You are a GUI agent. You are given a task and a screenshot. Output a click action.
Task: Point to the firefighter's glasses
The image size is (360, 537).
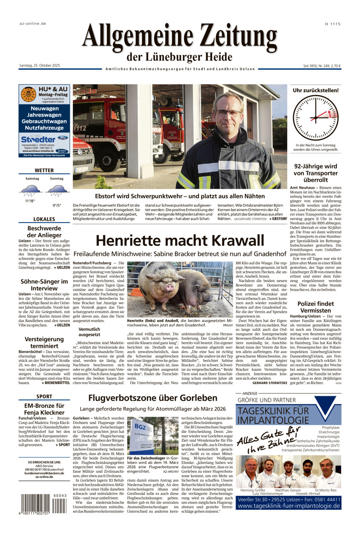pyautogui.click(x=228, y=112)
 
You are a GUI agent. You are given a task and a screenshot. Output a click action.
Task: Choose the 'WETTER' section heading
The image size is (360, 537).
pyautogui.click(x=44, y=170)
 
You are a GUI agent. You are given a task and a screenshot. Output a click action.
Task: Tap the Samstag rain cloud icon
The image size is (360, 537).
pyautogui.click(x=30, y=190)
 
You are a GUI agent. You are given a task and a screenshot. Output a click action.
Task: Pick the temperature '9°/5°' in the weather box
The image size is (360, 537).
pyautogui.click(x=56, y=205)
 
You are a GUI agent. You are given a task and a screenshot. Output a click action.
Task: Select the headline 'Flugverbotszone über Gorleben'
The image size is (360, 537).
pyautogui.click(x=153, y=398)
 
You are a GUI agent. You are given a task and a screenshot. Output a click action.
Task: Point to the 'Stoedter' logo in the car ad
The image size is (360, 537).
pyautogui.click(x=39, y=139)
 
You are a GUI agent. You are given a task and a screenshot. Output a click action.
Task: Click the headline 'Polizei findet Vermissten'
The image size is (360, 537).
pyautogui.click(x=315, y=307)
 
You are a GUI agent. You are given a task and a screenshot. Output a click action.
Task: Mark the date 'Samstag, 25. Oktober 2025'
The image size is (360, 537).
pyautogui.click(x=40, y=66)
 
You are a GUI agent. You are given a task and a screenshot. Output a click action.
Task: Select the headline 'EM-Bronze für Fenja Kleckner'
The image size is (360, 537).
pyautogui.click(x=44, y=409)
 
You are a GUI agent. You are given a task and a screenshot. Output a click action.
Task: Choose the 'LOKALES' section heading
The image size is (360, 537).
pyautogui.click(x=44, y=219)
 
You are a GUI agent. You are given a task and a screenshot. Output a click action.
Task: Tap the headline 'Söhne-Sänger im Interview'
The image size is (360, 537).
pyautogui.click(x=44, y=285)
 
